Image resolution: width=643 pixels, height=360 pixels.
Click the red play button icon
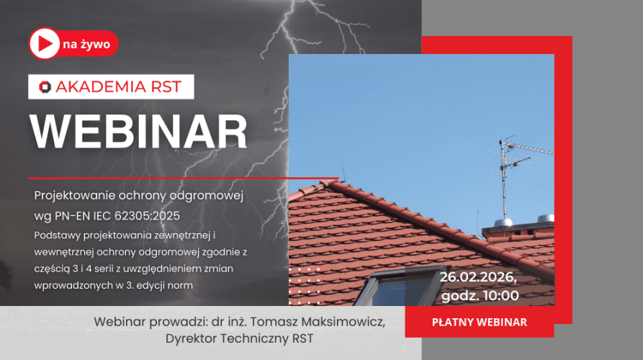pyautogui.click(x=44, y=45)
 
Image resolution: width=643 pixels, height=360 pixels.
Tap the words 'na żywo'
pyautogui.click(x=86, y=45)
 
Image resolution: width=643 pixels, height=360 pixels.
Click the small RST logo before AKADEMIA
pyautogui.click(x=45, y=87)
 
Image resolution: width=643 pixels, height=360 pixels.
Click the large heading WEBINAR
pyautogui.click(x=138, y=132)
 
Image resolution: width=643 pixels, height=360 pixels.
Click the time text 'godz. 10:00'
pyautogui.click(x=480, y=295)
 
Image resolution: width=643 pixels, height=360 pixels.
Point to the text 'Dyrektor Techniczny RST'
pyautogui.click(x=239, y=338)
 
